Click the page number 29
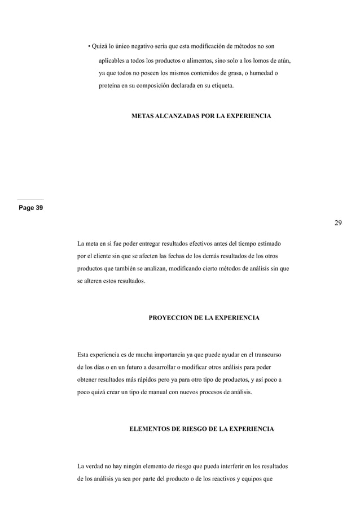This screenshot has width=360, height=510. [337, 223]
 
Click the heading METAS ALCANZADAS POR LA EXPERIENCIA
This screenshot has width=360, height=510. [201, 116]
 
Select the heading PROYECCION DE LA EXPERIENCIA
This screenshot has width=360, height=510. [204, 318]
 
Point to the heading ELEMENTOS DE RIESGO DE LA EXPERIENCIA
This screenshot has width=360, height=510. [202, 429]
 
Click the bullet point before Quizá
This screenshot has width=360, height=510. [89, 46]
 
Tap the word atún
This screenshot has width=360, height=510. [283, 60]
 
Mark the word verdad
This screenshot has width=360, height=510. [98, 466]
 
